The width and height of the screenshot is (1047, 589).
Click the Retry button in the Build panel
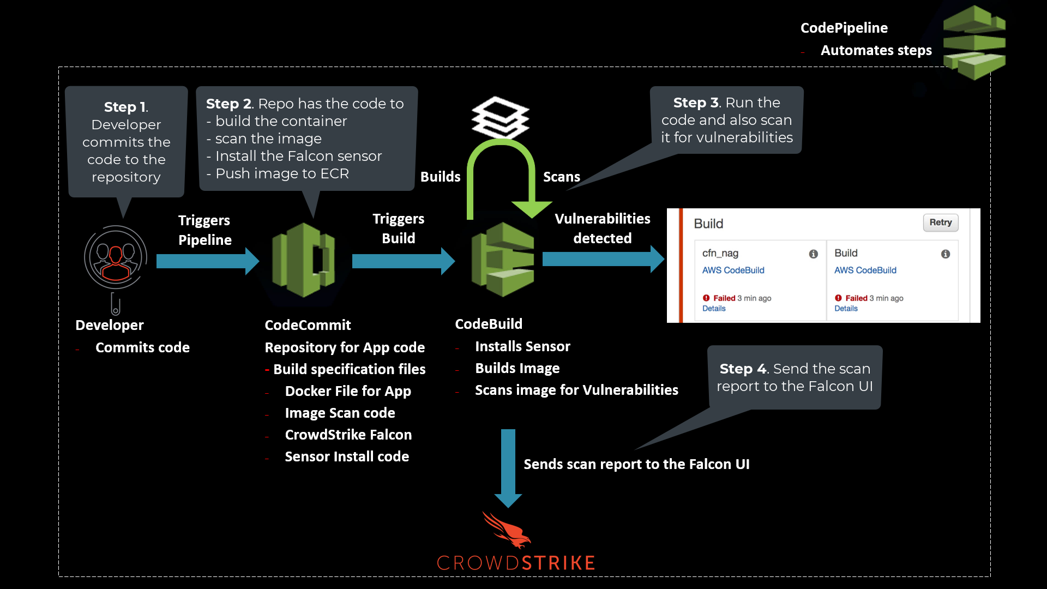point(940,223)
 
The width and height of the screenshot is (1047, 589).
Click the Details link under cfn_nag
point(714,309)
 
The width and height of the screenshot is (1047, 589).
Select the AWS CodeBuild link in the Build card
point(865,271)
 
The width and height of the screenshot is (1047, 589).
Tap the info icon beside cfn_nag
point(813,254)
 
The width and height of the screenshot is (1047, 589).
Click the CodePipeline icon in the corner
point(974,43)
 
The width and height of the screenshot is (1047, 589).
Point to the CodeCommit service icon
point(304,260)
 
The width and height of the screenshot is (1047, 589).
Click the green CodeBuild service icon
point(503,260)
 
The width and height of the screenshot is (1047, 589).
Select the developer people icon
point(116,257)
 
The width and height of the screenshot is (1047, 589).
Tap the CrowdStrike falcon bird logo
point(507,530)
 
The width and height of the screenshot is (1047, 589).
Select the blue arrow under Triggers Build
point(403,261)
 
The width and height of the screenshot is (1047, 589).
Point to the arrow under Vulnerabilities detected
point(603,259)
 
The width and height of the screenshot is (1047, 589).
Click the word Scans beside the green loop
point(561,177)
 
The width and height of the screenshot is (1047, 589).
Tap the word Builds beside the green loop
point(440,177)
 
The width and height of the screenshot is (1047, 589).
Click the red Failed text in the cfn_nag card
point(724,298)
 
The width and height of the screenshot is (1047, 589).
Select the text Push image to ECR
point(282,174)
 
